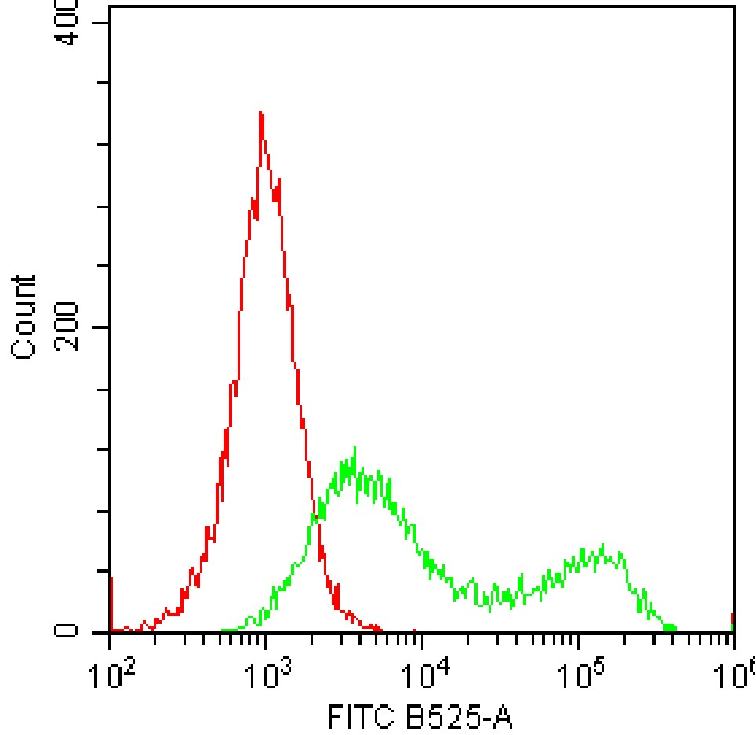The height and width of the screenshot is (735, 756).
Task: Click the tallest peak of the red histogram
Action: [x=260, y=114]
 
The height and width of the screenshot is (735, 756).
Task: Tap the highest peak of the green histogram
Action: [x=354, y=449]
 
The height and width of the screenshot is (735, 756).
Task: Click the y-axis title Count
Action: [x=25, y=317]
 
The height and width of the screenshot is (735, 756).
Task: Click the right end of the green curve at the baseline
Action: [x=673, y=628]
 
